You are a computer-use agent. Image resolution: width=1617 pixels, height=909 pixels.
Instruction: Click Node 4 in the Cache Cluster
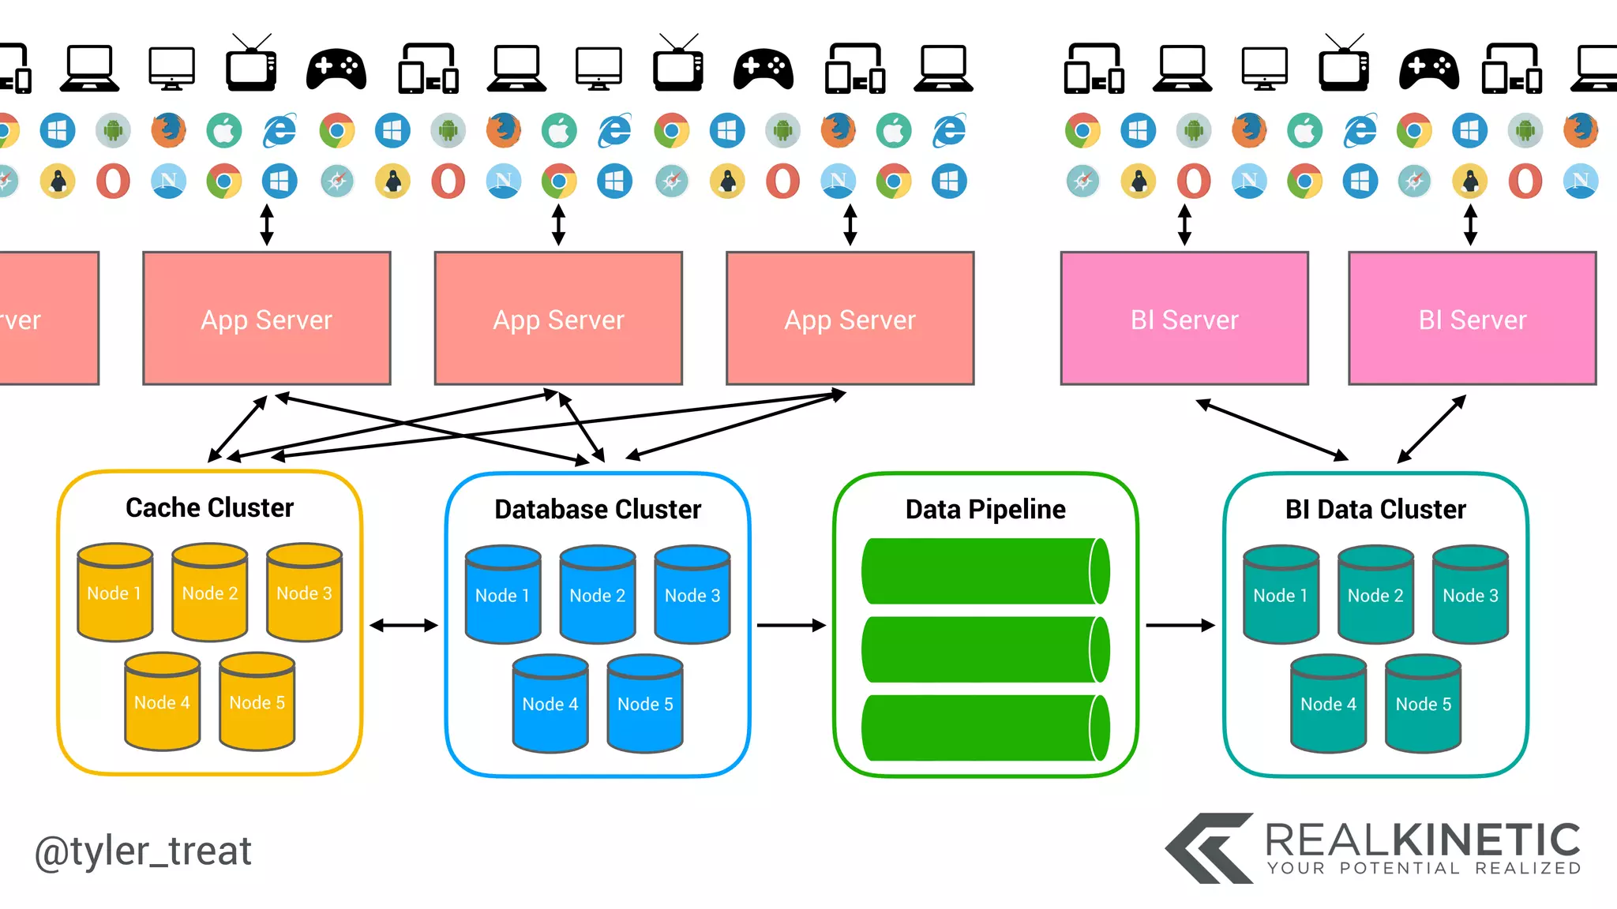tap(162, 702)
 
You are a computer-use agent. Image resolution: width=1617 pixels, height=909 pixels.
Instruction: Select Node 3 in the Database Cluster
tap(692, 596)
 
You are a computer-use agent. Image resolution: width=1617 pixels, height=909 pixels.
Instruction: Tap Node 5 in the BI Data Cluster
tap(1423, 705)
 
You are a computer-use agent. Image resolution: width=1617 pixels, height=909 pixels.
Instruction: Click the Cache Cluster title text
tap(209, 507)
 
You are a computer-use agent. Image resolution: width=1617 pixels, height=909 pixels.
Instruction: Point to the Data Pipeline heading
tap(985, 509)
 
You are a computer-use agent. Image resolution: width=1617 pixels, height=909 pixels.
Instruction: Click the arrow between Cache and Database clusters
tap(403, 625)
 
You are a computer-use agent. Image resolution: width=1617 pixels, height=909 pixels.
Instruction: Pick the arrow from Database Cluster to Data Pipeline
tap(790, 625)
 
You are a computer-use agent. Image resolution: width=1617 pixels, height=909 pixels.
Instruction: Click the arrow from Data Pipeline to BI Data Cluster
tap(1180, 625)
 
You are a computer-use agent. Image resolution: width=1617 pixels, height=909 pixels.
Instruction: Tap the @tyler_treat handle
tap(143, 851)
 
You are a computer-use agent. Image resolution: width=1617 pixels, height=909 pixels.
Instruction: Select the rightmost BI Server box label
tap(1473, 320)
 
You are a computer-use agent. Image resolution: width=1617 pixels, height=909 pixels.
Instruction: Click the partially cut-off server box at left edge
tap(47, 319)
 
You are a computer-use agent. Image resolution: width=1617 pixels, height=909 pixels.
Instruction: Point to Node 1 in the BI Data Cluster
tap(1281, 596)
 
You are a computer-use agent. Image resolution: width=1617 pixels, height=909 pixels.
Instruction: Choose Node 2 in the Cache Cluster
tap(210, 593)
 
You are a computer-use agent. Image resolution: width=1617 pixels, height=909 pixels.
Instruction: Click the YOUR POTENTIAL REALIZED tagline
tap(1424, 869)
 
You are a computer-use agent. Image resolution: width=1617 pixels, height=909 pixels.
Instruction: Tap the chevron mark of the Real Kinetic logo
tap(1208, 849)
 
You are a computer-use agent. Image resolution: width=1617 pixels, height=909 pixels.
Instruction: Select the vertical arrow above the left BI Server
tap(1184, 225)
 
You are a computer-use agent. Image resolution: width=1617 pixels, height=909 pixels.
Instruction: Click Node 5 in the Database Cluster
tap(645, 705)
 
